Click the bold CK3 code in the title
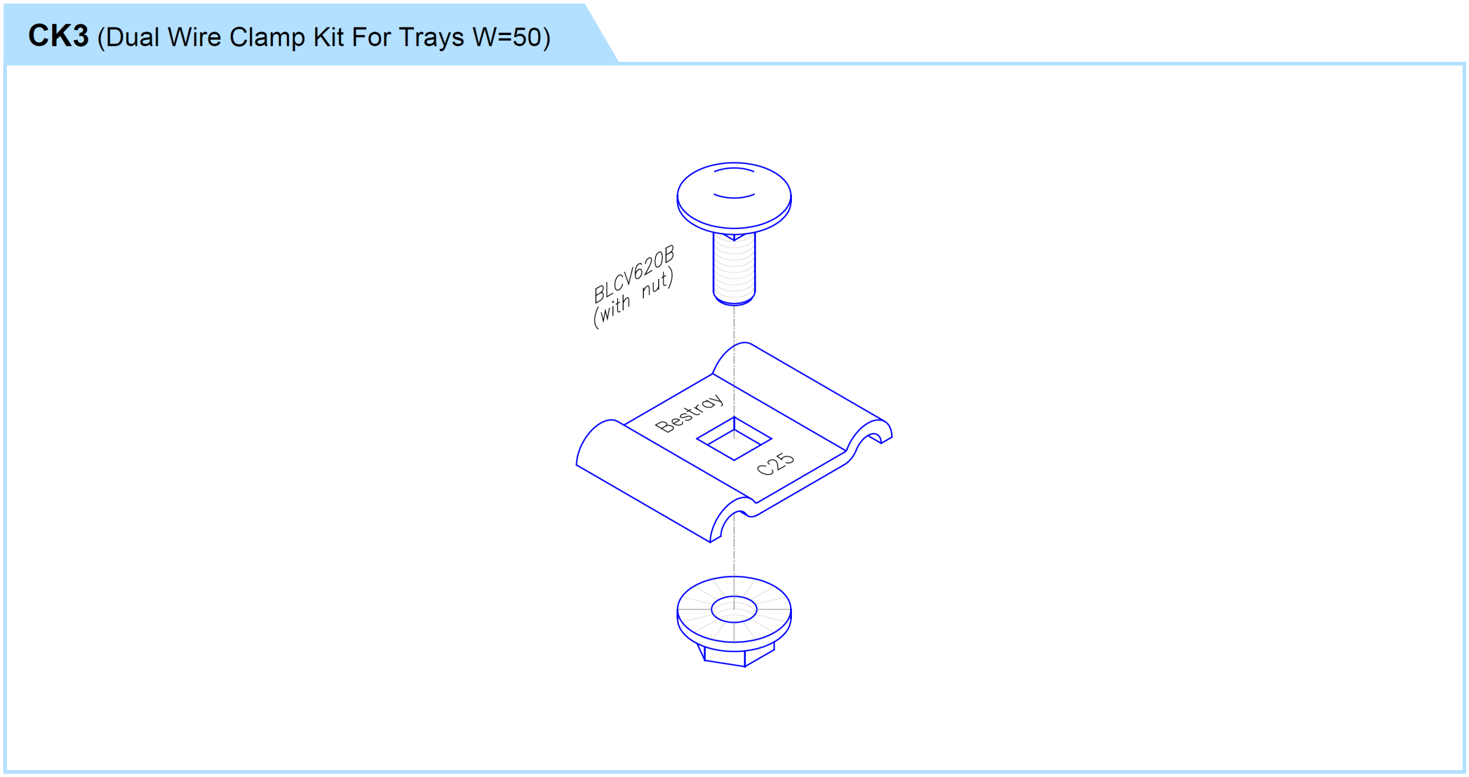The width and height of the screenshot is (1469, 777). tap(59, 36)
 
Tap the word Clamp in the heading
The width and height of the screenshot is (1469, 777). tap(267, 37)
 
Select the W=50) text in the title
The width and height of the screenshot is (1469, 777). tap(511, 37)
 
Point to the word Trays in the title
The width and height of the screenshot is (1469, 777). tap(431, 38)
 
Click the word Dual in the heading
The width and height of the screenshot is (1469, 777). tap(133, 37)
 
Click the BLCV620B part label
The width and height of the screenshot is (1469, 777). tap(634, 274)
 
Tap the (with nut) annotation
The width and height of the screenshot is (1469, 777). tap(633, 298)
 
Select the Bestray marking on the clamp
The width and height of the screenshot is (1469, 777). tap(689, 413)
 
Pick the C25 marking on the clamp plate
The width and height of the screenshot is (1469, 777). tap(775, 464)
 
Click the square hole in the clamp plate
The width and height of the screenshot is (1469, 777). tap(734, 438)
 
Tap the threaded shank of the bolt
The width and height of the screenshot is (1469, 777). tap(734, 269)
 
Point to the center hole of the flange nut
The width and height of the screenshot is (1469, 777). tap(734, 609)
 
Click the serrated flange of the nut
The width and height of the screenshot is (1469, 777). tap(734, 609)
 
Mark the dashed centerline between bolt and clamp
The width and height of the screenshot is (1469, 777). tap(734, 324)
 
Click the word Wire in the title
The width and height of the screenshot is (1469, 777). tap(194, 37)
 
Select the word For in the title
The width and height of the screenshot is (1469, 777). tap(371, 37)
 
